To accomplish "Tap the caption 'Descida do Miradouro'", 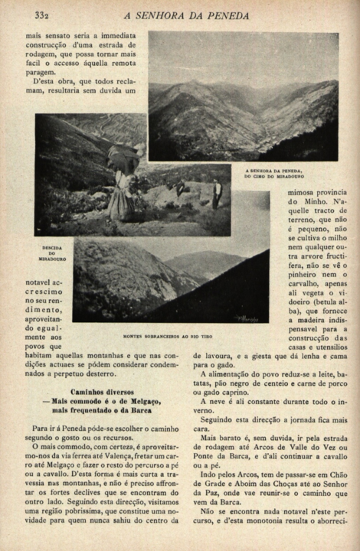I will pyautogui.click(x=52, y=253).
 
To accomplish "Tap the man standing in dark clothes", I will pyautogui.click(x=217, y=194).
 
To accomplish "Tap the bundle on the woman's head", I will pyautogui.click(x=123, y=157).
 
